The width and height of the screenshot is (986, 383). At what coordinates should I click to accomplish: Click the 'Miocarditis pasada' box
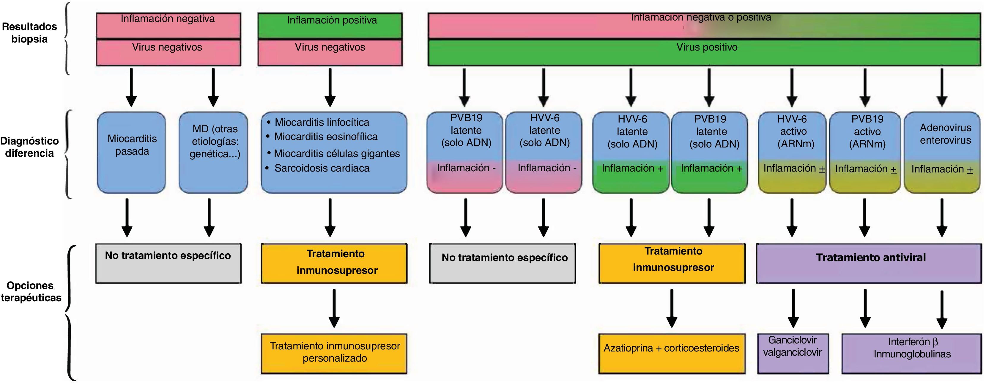click(132, 153)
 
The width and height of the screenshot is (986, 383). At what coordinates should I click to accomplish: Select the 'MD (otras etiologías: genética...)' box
click(213, 153)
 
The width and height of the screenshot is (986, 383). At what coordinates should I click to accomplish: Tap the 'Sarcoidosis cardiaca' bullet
click(322, 168)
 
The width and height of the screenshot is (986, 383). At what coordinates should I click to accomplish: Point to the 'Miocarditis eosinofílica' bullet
click(325, 137)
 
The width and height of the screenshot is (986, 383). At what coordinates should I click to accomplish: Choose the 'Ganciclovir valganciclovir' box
click(793, 353)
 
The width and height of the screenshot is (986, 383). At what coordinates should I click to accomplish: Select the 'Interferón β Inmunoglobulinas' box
click(911, 353)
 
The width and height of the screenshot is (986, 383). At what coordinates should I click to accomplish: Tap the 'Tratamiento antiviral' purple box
click(869, 263)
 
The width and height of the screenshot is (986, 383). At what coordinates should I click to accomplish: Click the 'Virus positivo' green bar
click(704, 52)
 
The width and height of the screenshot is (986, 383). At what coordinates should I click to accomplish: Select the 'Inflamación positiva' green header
click(330, 25)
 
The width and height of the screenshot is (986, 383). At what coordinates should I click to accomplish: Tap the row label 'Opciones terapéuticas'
click(31, 291)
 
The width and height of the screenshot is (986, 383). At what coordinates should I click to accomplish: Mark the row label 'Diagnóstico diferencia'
click(29, 147)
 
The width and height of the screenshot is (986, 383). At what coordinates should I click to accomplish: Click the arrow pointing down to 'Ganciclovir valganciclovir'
click(793, 308)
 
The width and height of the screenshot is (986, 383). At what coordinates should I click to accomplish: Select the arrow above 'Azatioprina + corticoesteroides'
click(672, 308)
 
